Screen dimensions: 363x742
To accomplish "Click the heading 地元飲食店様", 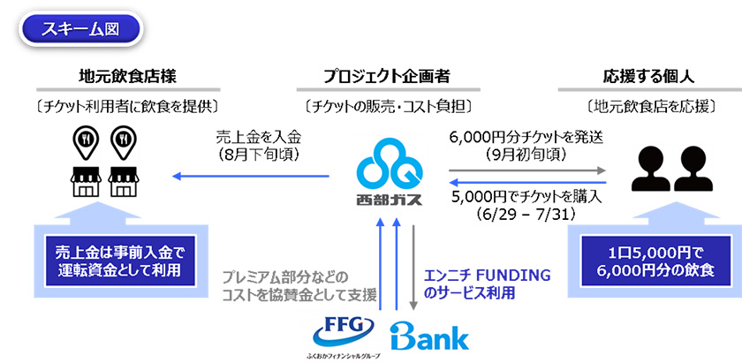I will pyautogui.click(x=119, y=77).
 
